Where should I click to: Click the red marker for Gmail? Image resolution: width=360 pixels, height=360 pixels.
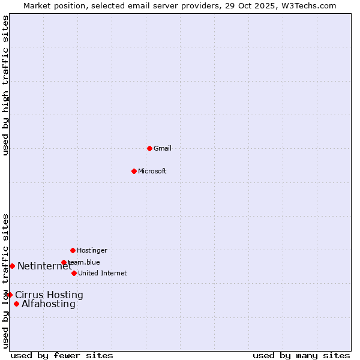coord(149,148)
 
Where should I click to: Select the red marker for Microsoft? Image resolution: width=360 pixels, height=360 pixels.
coord(134,171)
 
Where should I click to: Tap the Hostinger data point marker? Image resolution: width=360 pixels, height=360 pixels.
coord(73,250)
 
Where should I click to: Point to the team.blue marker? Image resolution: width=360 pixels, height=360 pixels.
coord(64,262)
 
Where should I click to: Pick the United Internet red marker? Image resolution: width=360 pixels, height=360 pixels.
coord(74,273)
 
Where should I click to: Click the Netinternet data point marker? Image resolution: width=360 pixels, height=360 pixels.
coord(12,266)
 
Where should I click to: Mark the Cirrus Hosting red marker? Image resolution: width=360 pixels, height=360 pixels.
coord(10,295)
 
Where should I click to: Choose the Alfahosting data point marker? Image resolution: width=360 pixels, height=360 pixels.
coord(16,304)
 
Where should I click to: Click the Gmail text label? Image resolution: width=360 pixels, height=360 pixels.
coord(163,148)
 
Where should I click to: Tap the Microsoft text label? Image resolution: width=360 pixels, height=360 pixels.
coord(152,171)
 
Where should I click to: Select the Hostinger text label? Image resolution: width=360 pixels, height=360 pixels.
coord(92,250)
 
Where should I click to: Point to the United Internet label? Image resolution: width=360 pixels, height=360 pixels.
coord(102,273)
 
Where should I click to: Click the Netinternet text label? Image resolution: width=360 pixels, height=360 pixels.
coord(44,266)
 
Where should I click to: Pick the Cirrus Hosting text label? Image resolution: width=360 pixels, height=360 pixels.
coord(49,295)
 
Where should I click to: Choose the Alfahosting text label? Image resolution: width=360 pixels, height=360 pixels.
coord(49,304)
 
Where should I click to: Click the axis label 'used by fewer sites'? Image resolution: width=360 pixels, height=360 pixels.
coord(62,355)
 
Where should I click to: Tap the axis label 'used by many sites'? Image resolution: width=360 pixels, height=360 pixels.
coord(301,355)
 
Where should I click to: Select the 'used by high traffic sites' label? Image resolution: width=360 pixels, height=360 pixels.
coord(5,85)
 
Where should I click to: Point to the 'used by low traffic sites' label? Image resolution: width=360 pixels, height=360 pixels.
coord(5,281)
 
